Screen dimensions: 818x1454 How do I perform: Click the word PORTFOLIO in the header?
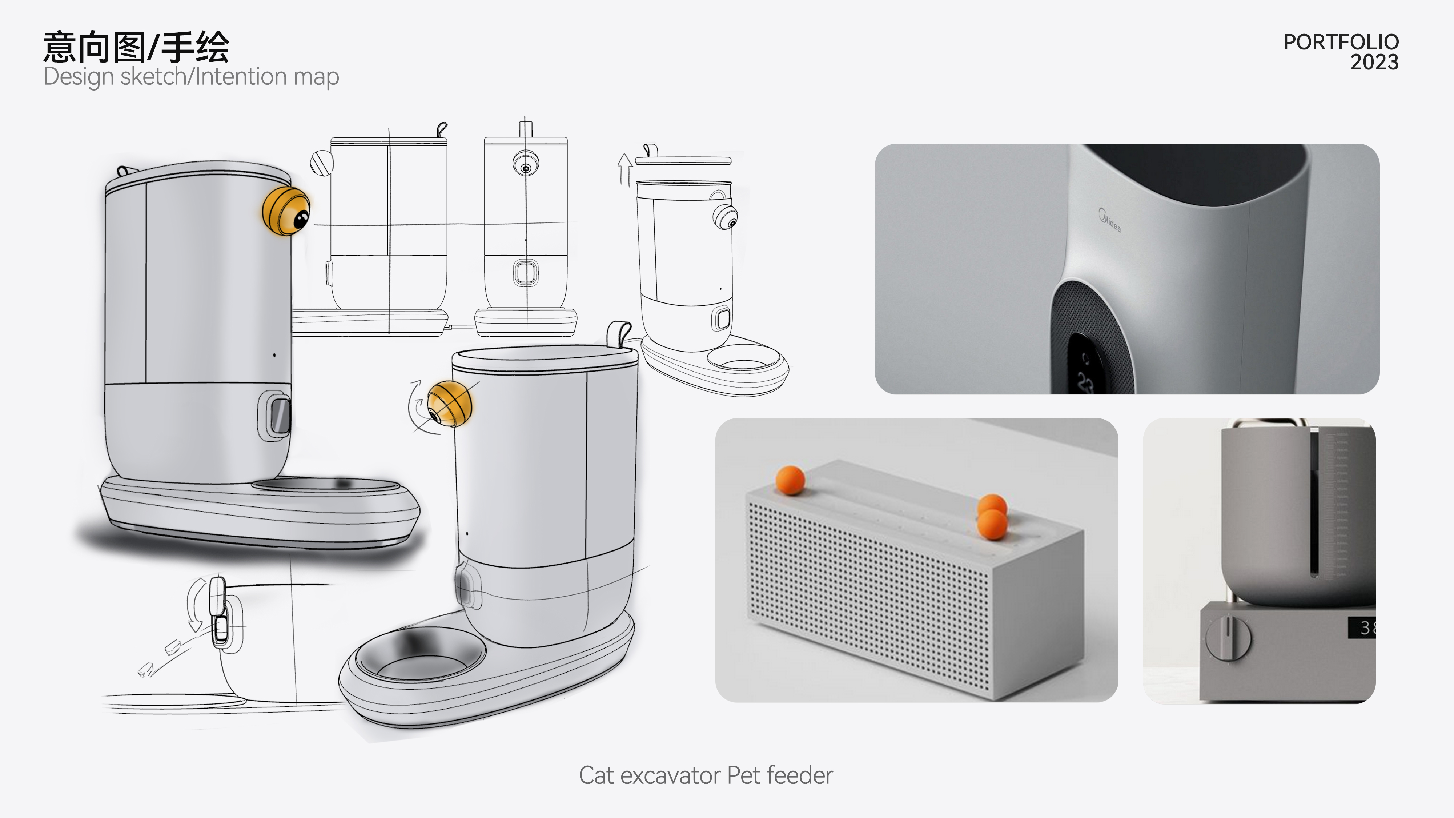click(1341, 42)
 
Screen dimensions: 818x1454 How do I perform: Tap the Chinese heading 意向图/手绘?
click(136, 47)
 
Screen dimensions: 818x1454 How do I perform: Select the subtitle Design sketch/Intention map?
click(191, 77)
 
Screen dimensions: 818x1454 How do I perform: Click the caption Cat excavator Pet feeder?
click(706, 775)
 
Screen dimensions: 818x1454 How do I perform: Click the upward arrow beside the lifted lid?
click(624, 169)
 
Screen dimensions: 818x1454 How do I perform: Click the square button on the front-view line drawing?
click(526, 273)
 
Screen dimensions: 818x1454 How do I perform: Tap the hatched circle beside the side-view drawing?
click(322, 163)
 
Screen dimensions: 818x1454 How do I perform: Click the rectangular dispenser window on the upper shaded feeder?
click(278, 416)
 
